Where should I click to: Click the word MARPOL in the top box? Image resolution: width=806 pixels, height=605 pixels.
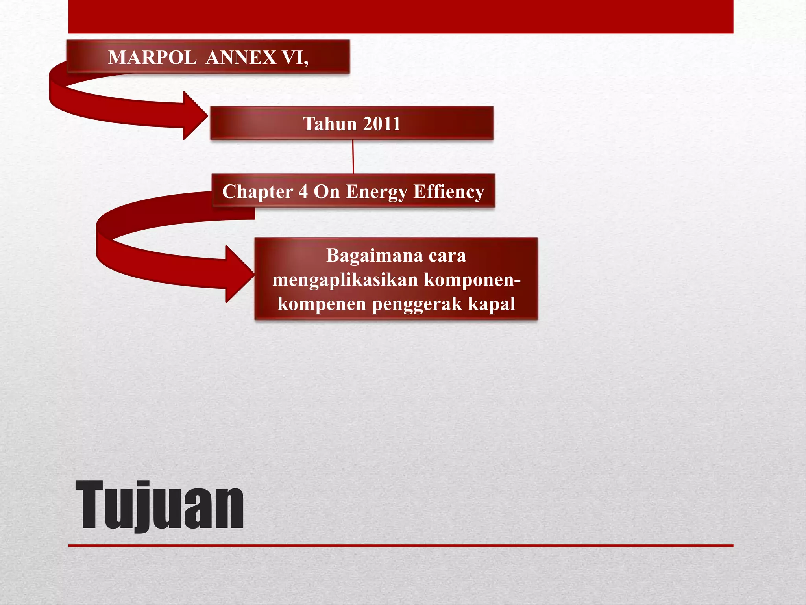pos(152,58)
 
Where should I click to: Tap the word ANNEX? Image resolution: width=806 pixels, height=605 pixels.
pos(241,58)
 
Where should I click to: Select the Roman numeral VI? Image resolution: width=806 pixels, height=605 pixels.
pos(295,58)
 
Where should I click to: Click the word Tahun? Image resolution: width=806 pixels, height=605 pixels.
pos(329,124)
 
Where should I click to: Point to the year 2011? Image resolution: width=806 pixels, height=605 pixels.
pos(381,124)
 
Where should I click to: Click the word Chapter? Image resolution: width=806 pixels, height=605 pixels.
pos(258,192)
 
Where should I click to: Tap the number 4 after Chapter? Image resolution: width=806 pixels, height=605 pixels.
pos(303,192)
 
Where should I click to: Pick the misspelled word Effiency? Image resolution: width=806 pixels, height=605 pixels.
pos(449,192)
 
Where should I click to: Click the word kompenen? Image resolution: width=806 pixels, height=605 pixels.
pos(322,304)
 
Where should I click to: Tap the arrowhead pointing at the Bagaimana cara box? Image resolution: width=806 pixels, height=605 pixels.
pos(240,274)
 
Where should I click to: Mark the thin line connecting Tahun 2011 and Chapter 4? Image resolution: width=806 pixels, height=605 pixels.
pos(353,157)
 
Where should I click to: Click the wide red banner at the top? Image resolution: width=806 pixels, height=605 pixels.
pos(401,17)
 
